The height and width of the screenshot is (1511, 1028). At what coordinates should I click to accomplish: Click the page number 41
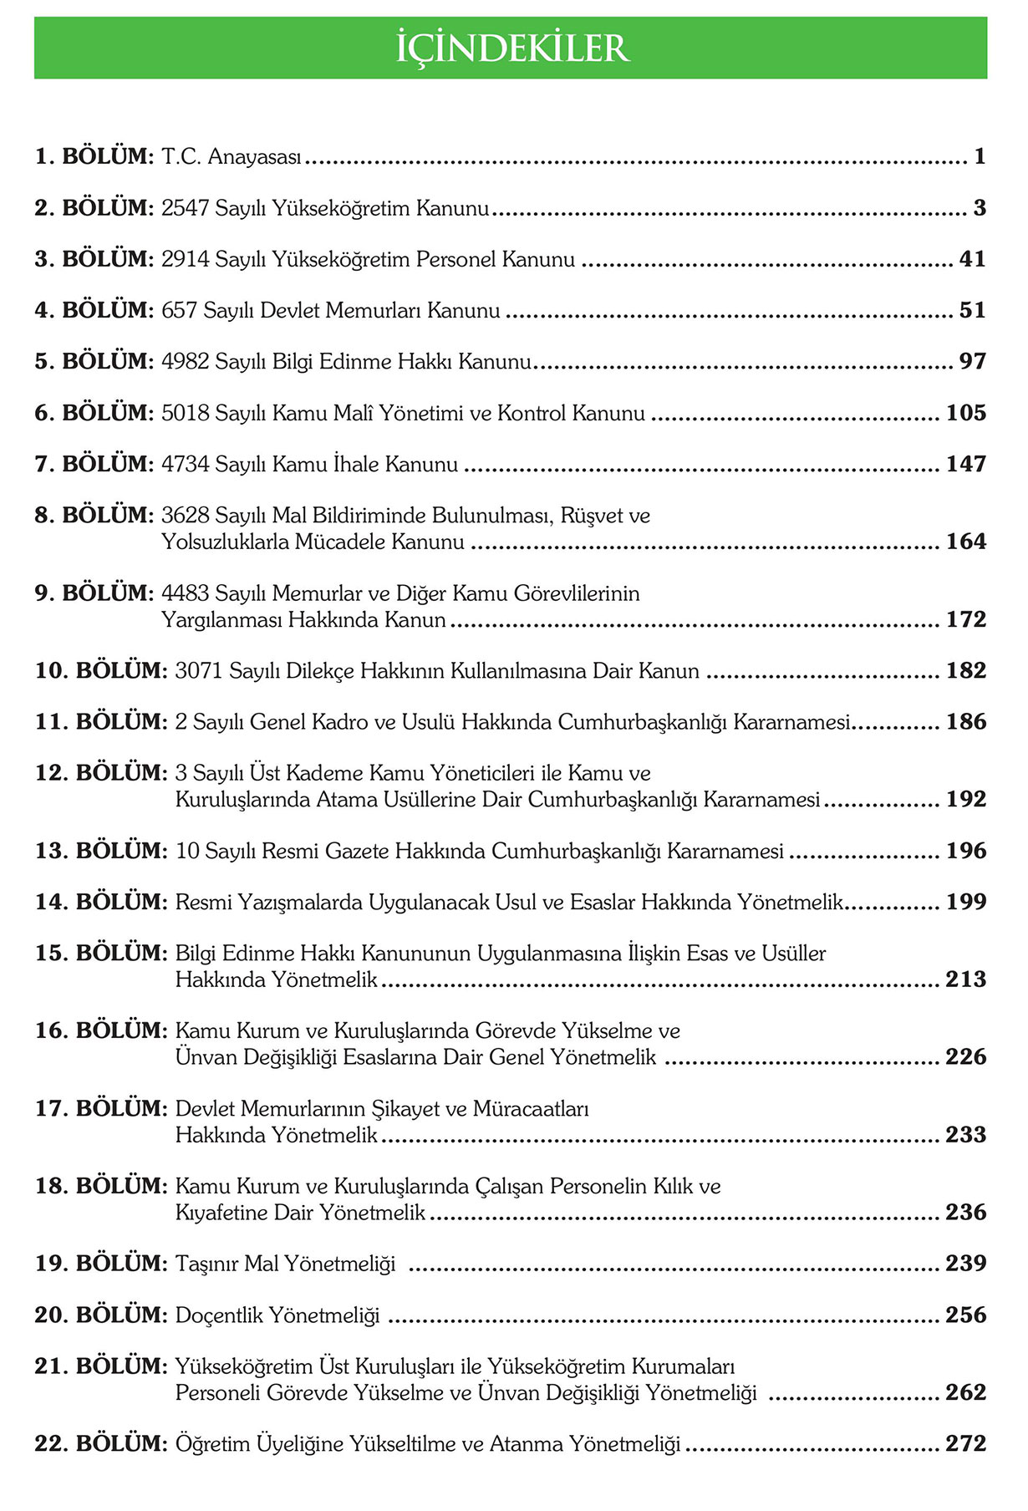point(972,259)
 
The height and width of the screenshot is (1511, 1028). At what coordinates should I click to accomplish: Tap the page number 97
point(972,362)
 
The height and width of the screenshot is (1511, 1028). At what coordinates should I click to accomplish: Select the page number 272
point(965,1443)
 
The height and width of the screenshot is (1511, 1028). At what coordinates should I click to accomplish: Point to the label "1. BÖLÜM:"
point(94,156)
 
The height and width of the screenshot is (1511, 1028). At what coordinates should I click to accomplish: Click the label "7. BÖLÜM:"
point(94,464)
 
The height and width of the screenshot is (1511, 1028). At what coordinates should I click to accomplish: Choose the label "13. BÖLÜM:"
point(101,851)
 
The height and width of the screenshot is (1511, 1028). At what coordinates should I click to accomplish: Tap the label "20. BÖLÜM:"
point(101,1315)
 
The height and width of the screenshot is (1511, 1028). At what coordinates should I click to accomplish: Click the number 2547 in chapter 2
point(185,208)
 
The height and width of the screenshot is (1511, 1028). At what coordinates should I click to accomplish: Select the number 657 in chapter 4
point(179,311)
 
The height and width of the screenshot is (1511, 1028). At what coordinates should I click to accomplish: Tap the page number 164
point(965,542)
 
